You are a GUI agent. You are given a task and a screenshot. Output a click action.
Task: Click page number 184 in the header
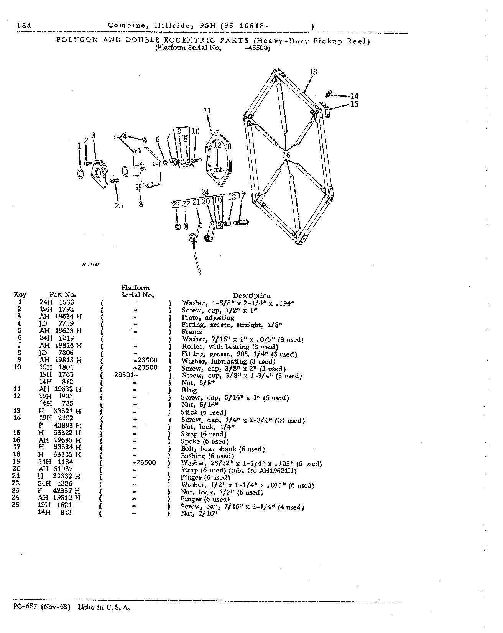point(24,26)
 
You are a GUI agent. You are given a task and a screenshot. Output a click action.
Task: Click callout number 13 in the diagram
point(313,72)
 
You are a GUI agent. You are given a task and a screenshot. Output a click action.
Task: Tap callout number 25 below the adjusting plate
point(119,206)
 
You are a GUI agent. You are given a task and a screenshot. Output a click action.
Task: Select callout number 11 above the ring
point(207,111)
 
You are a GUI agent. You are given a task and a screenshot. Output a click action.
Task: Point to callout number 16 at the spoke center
point(286,155)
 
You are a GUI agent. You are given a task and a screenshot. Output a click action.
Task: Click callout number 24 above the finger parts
point(205,192)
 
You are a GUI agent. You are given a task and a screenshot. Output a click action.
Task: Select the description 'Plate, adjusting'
point(208,317)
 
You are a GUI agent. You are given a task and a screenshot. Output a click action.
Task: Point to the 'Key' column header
point(20,295)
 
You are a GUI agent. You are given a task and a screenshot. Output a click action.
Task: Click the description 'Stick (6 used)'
point(204,412)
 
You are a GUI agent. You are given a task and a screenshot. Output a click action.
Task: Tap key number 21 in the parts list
point(17,476)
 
